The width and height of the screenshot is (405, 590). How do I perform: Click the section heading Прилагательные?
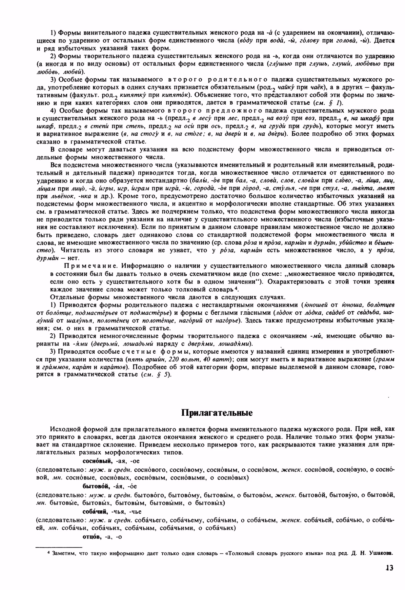[x=217, y=413]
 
